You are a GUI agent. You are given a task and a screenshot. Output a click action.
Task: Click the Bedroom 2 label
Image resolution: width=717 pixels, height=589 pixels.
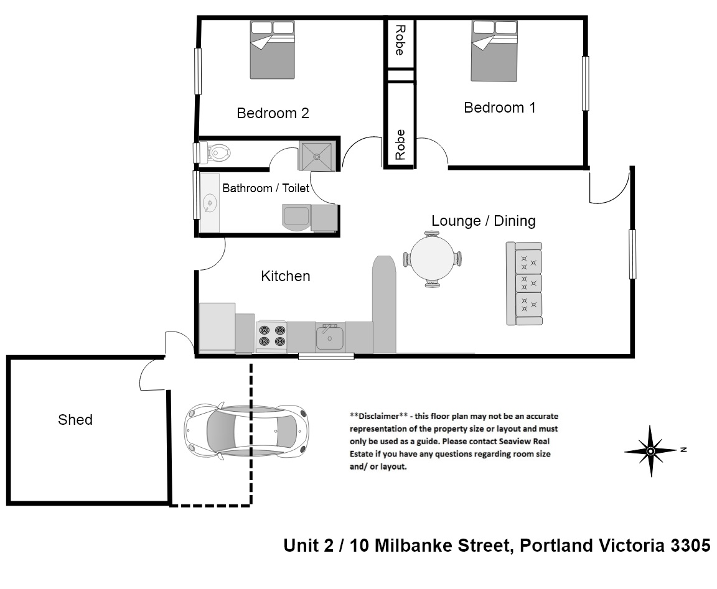(273, 113)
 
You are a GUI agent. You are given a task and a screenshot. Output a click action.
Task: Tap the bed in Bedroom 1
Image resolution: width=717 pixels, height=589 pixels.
(494, 51)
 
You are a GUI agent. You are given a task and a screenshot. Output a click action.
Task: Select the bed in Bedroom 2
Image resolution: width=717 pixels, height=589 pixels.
(273, 50)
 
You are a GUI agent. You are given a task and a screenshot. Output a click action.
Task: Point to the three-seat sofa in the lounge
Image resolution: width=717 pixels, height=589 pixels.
(524, 283)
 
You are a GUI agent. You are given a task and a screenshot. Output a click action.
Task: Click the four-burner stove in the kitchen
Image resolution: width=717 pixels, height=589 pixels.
(271, 336)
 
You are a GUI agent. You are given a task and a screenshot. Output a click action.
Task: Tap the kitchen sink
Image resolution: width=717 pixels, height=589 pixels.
(329, 337)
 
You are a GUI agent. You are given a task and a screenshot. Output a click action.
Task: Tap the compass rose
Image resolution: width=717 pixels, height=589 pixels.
(650, 450)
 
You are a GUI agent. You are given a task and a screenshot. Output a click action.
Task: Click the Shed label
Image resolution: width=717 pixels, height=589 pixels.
(75, 420)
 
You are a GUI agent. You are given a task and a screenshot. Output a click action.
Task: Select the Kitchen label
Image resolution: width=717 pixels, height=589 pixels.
(285, 276)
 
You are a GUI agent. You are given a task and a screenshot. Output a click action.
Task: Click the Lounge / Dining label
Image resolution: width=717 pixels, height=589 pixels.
(483, 221)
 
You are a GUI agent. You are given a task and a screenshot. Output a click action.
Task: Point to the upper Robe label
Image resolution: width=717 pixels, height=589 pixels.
(400, 40)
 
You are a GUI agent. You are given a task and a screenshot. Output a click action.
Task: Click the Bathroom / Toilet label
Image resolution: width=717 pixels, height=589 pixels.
(266, 188)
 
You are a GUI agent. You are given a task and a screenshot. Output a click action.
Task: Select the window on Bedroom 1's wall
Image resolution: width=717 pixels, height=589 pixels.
(585, 84)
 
